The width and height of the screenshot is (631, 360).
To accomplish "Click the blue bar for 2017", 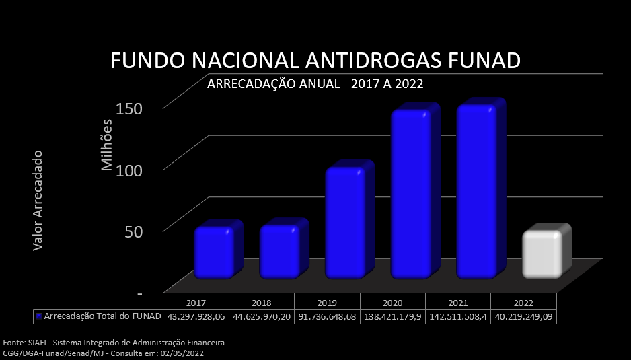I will coord(214,252).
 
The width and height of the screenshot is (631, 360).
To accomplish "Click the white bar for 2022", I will coord(542,254).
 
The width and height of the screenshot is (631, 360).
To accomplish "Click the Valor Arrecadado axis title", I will coord(38,201).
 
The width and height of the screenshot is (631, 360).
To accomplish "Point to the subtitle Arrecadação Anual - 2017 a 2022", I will coord(315,84).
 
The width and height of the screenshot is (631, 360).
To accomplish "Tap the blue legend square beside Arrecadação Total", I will coord(39,316).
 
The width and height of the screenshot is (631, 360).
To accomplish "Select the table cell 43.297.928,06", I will coord(196,316).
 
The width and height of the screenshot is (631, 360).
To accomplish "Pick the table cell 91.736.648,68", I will coord(328,316).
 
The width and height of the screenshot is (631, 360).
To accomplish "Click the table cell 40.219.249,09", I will coord(523,316).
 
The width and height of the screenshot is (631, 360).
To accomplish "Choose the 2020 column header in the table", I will coord(393,303).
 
